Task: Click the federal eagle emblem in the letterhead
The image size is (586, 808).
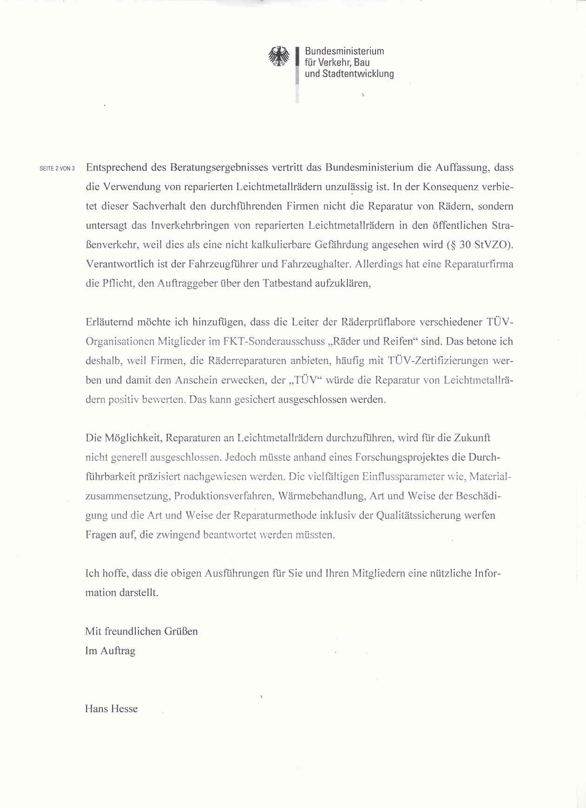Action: click(278, 56)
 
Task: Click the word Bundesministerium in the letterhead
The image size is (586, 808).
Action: click(344, 51)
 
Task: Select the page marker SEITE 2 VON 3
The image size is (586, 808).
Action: click(57, 168)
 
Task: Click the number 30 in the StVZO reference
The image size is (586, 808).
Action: click(465, 245)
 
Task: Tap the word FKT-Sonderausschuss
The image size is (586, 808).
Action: click(274, 341)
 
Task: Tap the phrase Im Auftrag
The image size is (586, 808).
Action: click(110, 651)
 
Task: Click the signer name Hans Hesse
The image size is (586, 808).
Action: click(112, 709)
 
